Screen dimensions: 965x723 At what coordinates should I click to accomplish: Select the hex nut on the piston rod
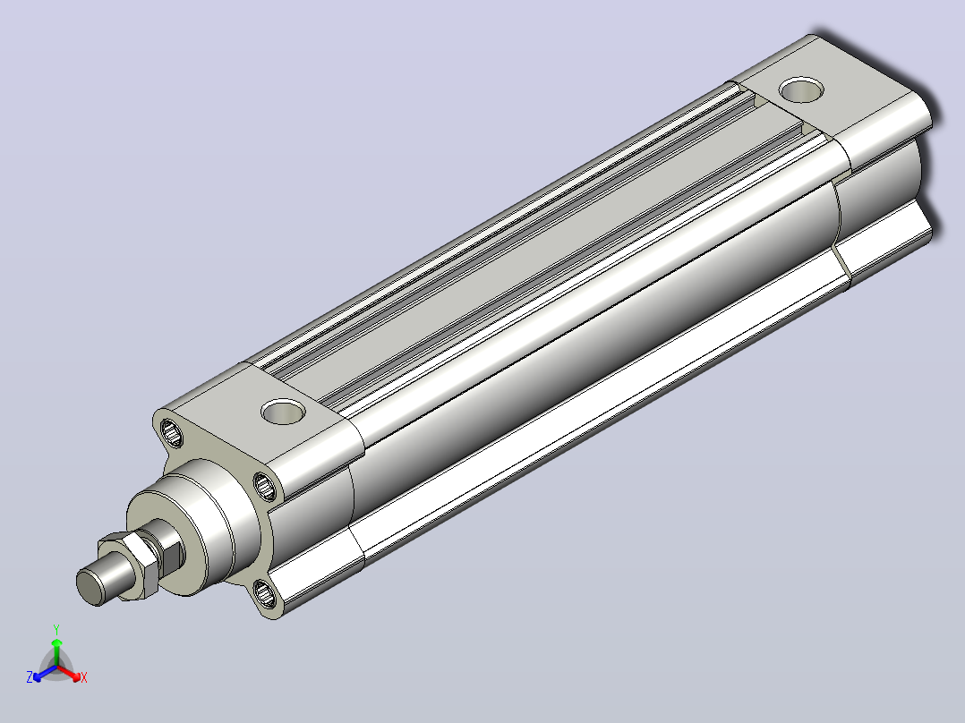tap(132, 563)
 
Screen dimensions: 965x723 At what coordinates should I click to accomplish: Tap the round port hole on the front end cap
tap(284, 411)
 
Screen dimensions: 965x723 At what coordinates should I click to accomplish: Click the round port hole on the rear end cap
tap(801, 89)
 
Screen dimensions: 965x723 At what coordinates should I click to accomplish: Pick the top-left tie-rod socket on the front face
tap(171, 432)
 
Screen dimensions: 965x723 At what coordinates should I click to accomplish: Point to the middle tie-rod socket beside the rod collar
tap(265, 486)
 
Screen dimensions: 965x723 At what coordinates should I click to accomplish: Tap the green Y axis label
tap(56, 629)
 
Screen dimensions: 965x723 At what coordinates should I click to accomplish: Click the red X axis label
tap(84, 677)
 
